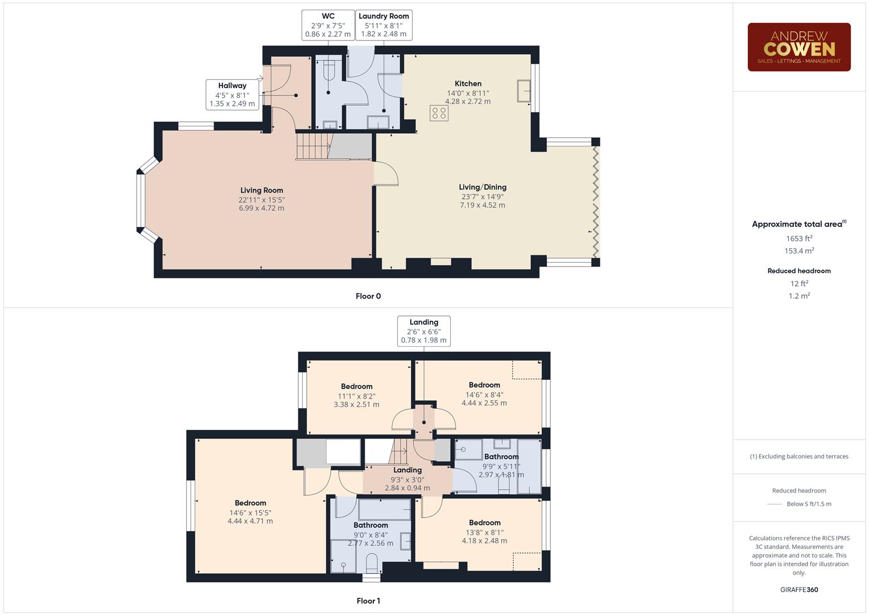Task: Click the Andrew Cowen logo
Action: (x=798, y=47)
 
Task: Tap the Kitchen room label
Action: (x=468, y=84)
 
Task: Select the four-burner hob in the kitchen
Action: (x=439, y=113)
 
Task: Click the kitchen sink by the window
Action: (x=524, y=91)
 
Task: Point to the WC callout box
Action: (x=328, y=25)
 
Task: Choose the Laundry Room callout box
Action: (x=384, y=25)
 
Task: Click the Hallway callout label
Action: (x=232, y=95)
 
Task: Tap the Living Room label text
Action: (x=261, y=191)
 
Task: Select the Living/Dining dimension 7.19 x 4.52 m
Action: (x=482, y=205)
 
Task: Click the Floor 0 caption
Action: (x=368, y=296)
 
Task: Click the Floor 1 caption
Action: (x=368, y=601)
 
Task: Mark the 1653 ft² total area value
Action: (x=799, y=239)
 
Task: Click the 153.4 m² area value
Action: (x=799, y=251)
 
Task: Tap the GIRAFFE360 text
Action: (x=799, y=589)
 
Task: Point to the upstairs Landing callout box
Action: (x=424, y=331)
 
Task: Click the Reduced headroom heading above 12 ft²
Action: (x=799, y=271)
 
